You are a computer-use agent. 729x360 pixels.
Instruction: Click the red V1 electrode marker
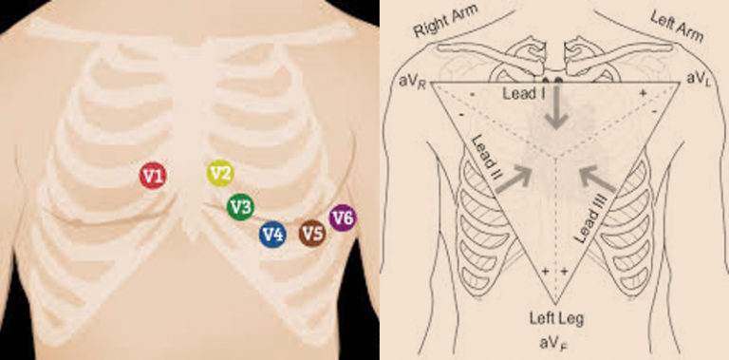153,175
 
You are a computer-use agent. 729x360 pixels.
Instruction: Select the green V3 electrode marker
240,205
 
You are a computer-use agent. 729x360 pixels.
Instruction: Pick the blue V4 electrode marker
272,234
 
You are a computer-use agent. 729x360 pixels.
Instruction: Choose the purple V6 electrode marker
343,218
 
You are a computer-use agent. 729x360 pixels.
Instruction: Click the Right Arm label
444,25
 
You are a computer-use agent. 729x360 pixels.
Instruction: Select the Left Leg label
553,319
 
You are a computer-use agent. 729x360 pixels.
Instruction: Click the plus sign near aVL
643,95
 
